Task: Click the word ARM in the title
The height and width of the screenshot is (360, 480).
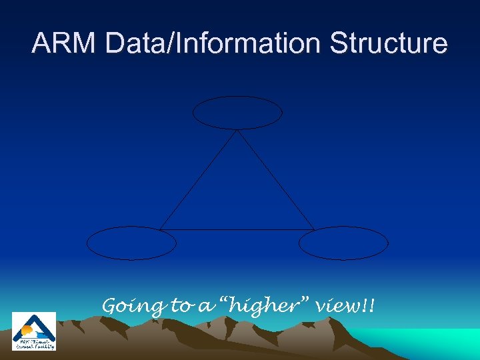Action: [61, 44]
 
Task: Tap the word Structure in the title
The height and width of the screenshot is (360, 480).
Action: [388, 44]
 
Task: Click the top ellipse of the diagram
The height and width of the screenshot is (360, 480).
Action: [237, 113]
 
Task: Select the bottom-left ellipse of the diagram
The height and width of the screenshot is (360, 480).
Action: [131, 243]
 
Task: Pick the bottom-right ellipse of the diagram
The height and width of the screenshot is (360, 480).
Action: [343, 243]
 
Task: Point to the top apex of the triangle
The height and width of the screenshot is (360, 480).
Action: [237, 131]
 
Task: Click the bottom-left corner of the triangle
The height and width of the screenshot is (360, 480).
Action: [160, 230]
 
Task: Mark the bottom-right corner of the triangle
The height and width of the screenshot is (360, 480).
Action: [314, 230]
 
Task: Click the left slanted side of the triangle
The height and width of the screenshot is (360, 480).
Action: [199, 180]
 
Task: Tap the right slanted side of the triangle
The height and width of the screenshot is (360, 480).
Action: [275, 180]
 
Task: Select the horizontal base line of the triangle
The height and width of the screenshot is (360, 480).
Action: [237, 230]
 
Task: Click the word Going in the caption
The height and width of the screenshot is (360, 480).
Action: [133, 307]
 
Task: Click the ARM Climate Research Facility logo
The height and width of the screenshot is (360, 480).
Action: [34, 331]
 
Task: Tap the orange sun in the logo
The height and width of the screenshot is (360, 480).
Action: [27, 330]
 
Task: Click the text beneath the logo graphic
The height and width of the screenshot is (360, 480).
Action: [34, 343]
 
